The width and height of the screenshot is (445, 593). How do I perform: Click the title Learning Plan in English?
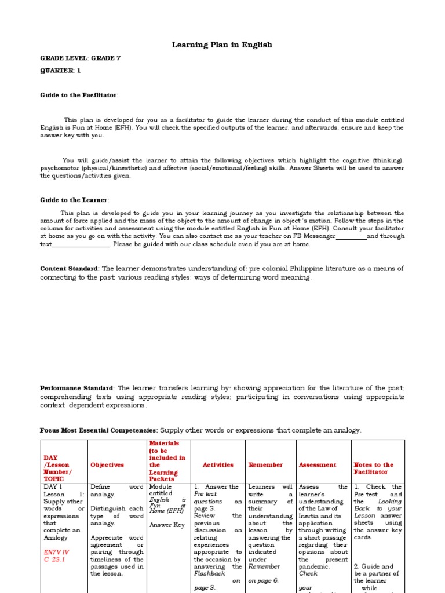point(222,45)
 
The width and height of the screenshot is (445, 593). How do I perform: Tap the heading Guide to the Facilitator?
point(79,94)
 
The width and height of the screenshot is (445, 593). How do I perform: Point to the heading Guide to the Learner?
point(74,200)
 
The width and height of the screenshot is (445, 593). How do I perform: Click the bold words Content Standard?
point(70,269)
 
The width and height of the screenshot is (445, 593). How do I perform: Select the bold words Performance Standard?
point(78,387)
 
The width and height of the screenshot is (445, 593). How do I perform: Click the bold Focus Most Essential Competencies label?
point(99,430)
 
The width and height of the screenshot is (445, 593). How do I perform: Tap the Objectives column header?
point(107,464)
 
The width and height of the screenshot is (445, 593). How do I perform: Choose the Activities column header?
point(218,464)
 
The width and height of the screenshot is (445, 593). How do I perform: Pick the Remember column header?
point(265,464)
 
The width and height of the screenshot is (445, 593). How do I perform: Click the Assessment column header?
point(317,464)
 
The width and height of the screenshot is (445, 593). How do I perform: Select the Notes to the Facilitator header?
point(373,468)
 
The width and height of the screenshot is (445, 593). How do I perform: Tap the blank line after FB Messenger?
point(351,236)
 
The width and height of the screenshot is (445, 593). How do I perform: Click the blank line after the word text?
point(81,244)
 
